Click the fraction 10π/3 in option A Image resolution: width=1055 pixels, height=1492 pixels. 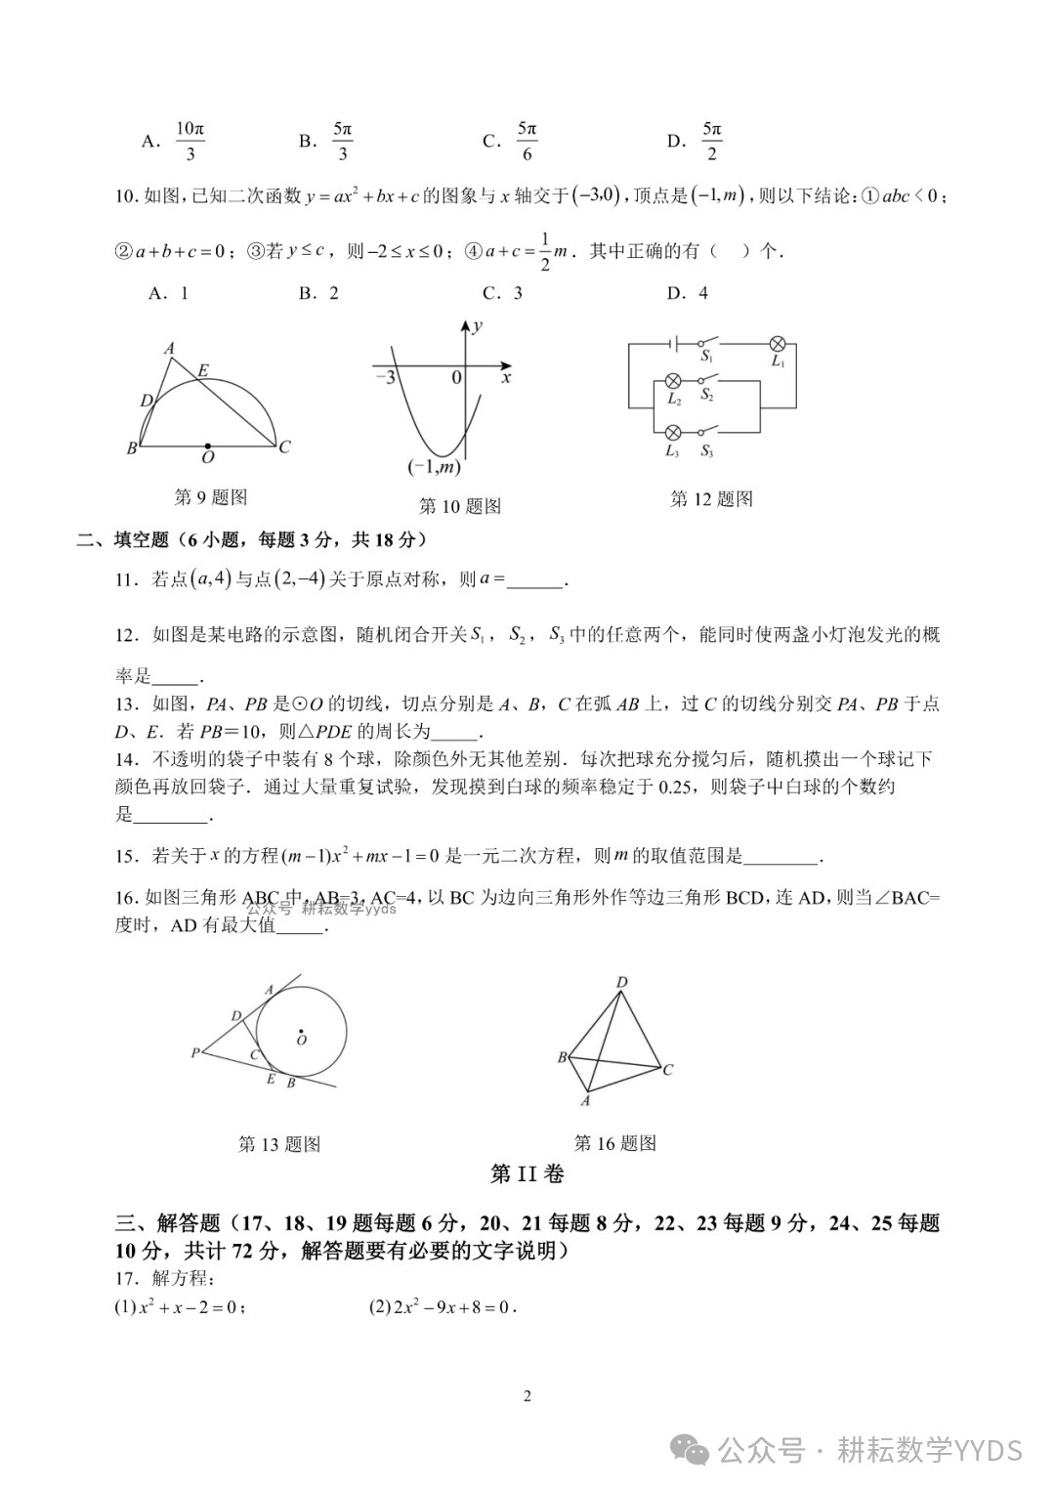pyautogui.click(x=190, y=141)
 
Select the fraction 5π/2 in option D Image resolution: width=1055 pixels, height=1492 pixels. pyautogui.click(x=711, y=141)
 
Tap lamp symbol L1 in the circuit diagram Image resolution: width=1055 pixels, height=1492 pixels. pyautogui.click(x=779, y=344)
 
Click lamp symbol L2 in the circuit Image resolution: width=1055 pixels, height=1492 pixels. pyautogui.click(x=673, y=381)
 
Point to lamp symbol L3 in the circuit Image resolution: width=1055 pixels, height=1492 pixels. pyautogui.click(x=673, y=433)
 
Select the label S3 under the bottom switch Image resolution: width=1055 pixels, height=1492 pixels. pyautogui.click(x=706, y=451)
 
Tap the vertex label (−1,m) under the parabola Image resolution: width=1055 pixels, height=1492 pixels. pyautogui.click(x=434, y=468)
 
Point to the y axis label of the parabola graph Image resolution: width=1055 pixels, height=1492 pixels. pyautogui.click(x=477, y=327)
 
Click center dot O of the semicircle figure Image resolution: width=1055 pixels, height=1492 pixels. pyautogui.click(x=207, y=446)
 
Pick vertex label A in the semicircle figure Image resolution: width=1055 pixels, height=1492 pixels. pyautogui.click(x=169, y=348)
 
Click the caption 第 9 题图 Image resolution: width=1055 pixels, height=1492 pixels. pyautogui.click(x=211, y=497)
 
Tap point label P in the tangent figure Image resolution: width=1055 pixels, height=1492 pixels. pyautogui.click(x=195, y=1052)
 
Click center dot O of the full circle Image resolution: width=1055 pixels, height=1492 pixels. pyautogui.click(x=301, y=1031)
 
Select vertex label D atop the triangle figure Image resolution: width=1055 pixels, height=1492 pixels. pyautogui.click(x=621, y=982)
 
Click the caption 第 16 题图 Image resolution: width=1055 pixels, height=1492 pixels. pyautogui.click(x=615, y=1143)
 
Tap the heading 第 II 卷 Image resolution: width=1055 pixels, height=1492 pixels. pyautogui.click(x=527, y=1174)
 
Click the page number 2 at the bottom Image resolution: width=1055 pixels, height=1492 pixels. pyautogui.click(x=527, y=1396)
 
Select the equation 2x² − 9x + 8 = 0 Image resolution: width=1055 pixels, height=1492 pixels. pyautogui.click(x=443, y=1307)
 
